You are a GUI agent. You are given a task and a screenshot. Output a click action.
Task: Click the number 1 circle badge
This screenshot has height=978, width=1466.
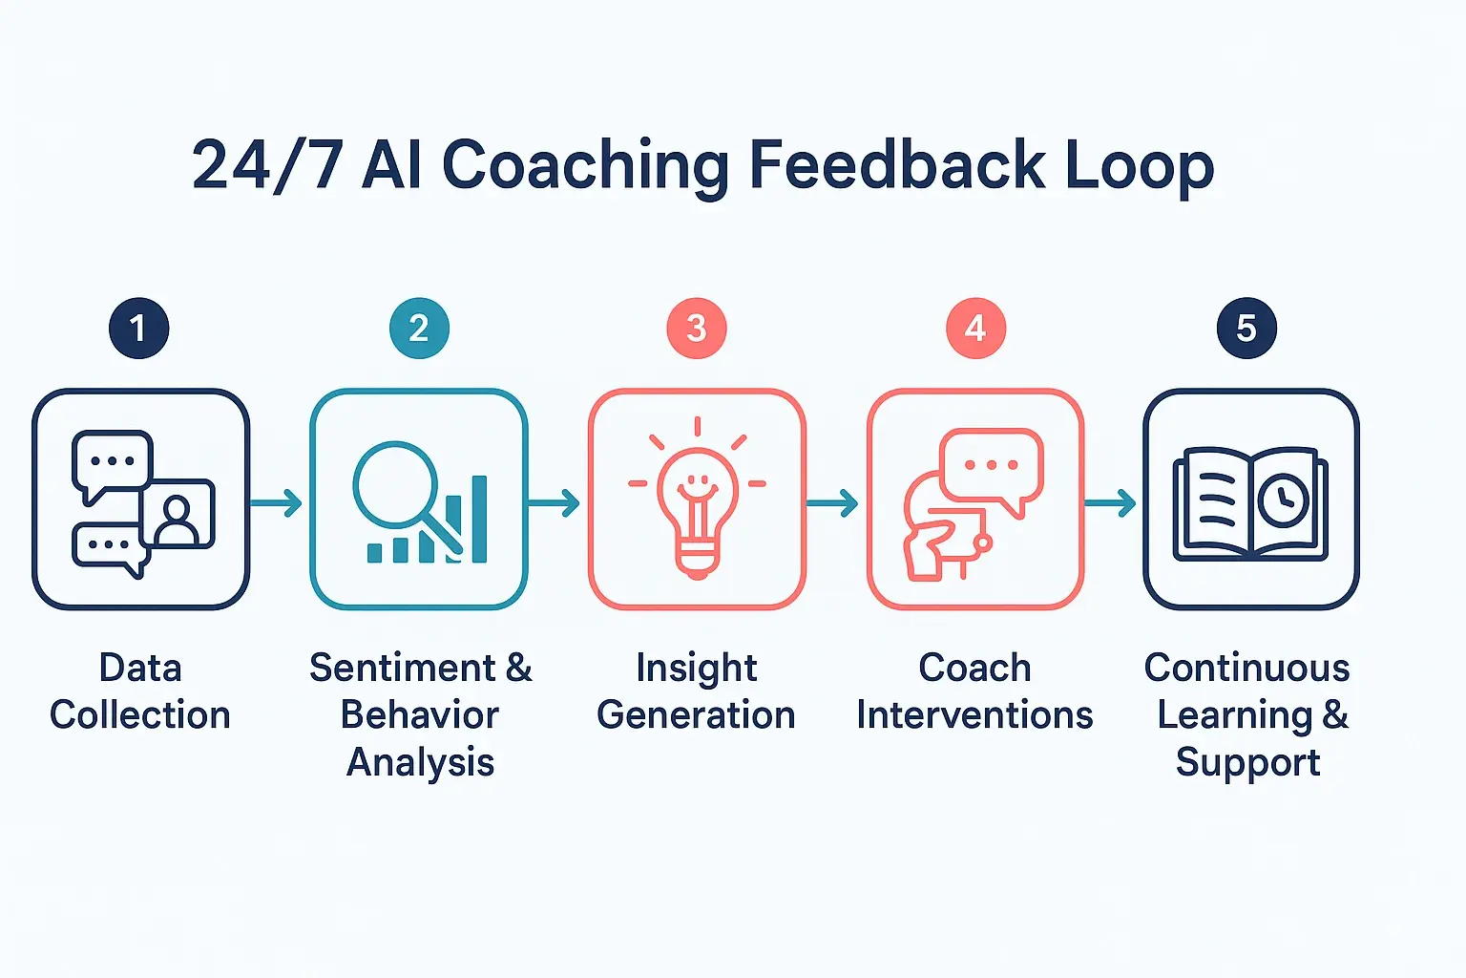(139, 329)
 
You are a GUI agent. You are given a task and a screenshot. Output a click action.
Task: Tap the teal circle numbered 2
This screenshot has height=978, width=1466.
(419, 329)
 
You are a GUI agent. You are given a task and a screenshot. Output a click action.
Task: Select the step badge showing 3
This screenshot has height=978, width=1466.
(697, 329)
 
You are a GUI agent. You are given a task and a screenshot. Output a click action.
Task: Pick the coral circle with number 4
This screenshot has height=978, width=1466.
(975, 329)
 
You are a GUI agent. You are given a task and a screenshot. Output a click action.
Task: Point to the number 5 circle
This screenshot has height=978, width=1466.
(1246, 329)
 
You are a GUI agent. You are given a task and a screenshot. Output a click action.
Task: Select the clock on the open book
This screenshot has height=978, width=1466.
(1283, 500)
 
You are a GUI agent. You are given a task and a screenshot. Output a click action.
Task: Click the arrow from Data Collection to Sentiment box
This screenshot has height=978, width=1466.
(277, 502)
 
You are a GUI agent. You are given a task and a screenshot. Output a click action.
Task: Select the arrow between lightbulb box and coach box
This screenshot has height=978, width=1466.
(832, 502)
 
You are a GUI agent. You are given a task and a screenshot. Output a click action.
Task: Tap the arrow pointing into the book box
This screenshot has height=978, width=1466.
(1111, 502)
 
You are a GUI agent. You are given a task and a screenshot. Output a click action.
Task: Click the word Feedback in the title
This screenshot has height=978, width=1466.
(897, 164)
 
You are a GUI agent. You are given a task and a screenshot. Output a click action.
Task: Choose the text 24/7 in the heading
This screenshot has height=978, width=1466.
(267, 164)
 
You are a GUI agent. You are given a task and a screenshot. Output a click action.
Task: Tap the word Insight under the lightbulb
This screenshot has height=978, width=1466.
(696, 668)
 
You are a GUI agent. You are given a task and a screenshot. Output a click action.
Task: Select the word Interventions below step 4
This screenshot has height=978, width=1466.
(974, 714)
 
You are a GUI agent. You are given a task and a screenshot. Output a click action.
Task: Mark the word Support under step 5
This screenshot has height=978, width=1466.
(1247, 762)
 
